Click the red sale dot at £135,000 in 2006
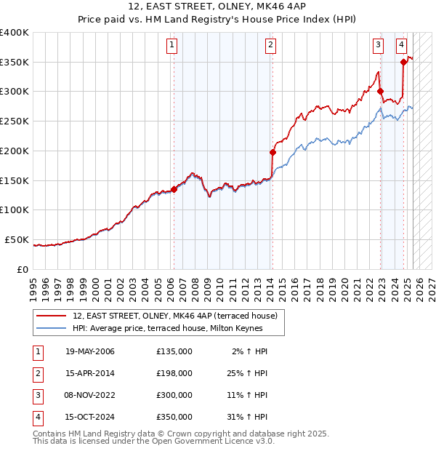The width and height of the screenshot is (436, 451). [174, 189]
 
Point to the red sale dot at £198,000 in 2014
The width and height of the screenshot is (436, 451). [272, 152]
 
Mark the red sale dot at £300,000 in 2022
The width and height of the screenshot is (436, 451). [380, 91]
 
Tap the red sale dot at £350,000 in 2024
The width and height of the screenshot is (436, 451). [403, 62]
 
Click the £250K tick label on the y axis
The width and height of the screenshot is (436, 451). [15, 121]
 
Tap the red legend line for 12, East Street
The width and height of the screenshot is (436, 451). [51, 316]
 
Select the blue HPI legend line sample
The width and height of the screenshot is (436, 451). [51, 329]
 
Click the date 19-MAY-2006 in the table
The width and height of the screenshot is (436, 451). [90, 351]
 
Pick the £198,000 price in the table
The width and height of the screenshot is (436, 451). [174, 373]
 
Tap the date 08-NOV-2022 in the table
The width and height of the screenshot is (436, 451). [91, 395]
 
